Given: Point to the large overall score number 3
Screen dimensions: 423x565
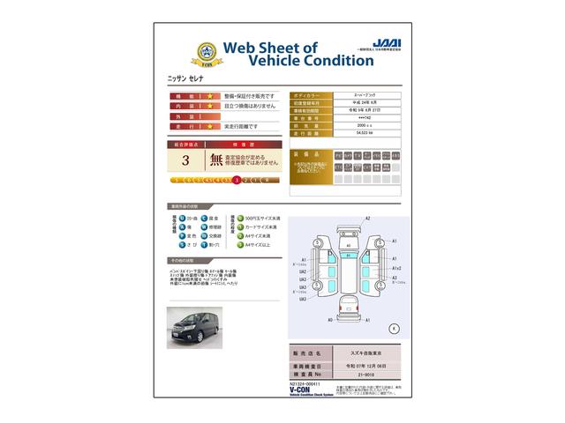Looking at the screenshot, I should tap(185, 160).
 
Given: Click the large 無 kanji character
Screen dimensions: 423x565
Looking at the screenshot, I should tap(216, 160).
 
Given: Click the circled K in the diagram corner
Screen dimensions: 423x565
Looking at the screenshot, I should tap(395, 327).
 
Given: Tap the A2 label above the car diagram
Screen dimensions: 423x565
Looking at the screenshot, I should tap(368, 218).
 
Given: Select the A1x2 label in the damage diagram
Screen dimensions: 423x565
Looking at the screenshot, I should tap(397, 268).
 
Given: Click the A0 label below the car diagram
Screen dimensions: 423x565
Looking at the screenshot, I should tap(330, 321).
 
